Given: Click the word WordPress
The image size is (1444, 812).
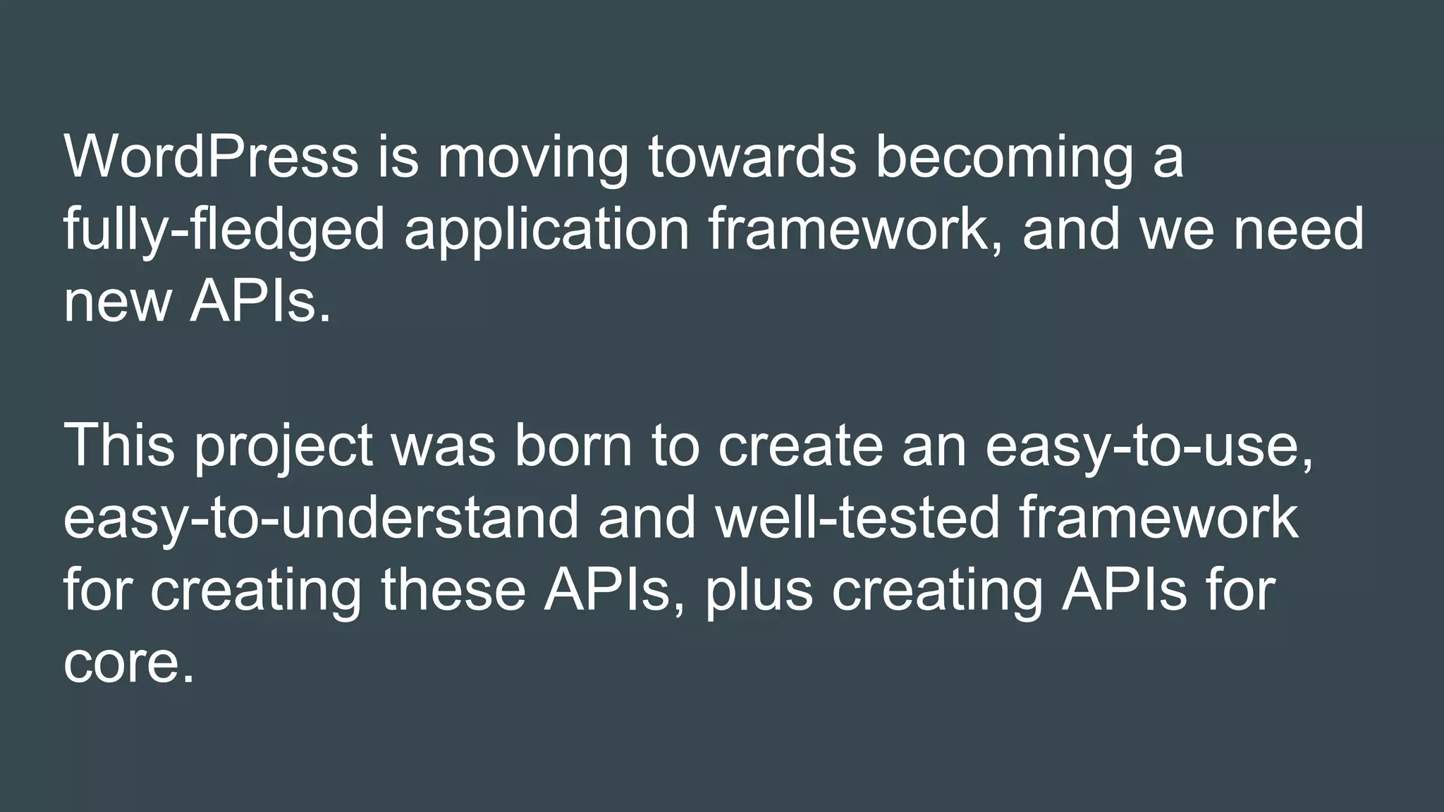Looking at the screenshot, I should click(x=211, y=156).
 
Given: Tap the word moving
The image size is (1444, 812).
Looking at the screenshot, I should click(x=532, y=156).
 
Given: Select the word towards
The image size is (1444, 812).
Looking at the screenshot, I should click(x=752, y=156).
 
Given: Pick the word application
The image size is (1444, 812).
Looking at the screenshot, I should click(x=546, y=229).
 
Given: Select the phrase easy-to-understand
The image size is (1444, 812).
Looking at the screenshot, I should click(x=321, y=518).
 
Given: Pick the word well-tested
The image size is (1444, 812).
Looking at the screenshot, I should click(x=857, y=518).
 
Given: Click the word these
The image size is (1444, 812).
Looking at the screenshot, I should click(x=453, y=590).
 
